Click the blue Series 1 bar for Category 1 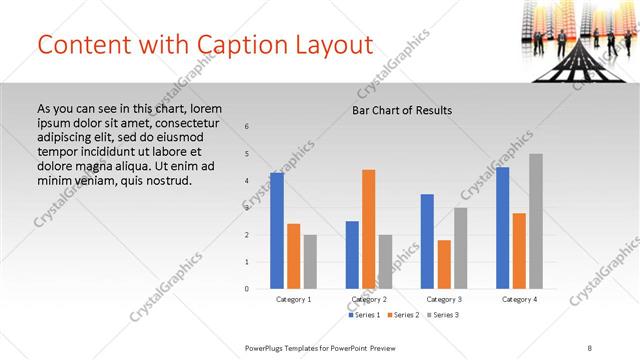[x=277, y=231]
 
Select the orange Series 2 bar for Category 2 [x=369, y=229]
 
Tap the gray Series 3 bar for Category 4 [x=536, y=221]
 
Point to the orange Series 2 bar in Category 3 [x=444, y=264]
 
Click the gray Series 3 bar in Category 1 [x=310, y=262]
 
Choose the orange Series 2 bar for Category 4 [x=519, y=251]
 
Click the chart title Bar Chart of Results [x=402, y=110]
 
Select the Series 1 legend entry [x=366, y=315]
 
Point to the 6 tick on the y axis [x=247, y=126]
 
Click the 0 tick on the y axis [x=247, y=289]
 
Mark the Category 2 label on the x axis [x=369, y=299]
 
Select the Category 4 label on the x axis [x=519, y=299]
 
